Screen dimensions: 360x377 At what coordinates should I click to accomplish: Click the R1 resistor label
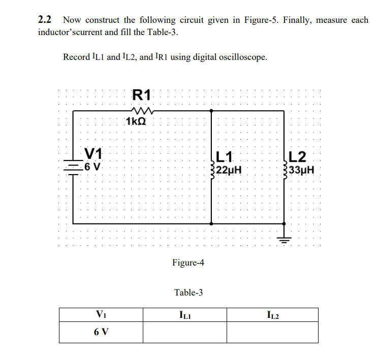(x=141, y=94)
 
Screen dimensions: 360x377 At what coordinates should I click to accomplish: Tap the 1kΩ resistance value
(x=136, y=121)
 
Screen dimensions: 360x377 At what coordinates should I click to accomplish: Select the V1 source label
(x=93, y=153)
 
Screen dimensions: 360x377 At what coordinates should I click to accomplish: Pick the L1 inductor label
(x=224, y=157)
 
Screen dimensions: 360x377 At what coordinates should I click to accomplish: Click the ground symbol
(x=284, y=239)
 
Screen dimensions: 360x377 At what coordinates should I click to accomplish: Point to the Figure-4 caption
(x=188, y=263)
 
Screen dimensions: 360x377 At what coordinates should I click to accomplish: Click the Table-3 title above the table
(x=188, y=292)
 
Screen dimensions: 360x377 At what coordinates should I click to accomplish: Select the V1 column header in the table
(x=100, y=315)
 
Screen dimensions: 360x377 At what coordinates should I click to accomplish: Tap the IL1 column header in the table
(x=184, y=315)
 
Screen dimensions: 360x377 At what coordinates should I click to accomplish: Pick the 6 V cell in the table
(x=101, y=333)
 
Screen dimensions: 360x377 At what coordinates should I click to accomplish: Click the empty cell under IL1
(x=184, y=333)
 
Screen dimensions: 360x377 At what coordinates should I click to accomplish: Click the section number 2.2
(x=45, y=20)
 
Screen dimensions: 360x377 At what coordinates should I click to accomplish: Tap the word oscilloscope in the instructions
(x=243, y=57)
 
